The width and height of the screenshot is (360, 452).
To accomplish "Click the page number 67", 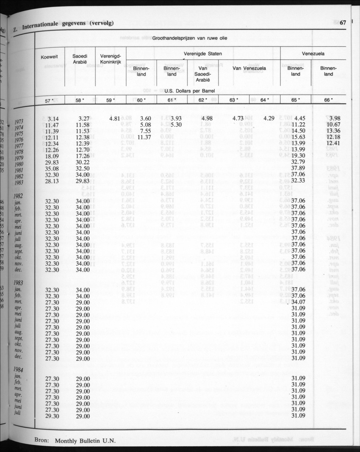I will [x=343, y=23].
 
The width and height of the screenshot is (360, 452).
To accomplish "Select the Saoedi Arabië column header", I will [x=80, y=58].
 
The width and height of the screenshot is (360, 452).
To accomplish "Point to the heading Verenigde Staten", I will [x=203, y=54].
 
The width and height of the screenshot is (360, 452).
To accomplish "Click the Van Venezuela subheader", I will [x=249, y=68].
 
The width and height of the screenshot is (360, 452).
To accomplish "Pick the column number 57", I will [x=49, y=100].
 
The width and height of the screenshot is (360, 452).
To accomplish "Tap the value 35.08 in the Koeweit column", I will [x=53, y=169].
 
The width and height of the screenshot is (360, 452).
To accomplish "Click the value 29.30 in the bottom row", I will [x=53, y=416].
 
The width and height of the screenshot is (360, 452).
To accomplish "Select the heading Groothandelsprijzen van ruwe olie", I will [x=189, y=38].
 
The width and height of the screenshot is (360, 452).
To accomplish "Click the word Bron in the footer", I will [x=42, y=440].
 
